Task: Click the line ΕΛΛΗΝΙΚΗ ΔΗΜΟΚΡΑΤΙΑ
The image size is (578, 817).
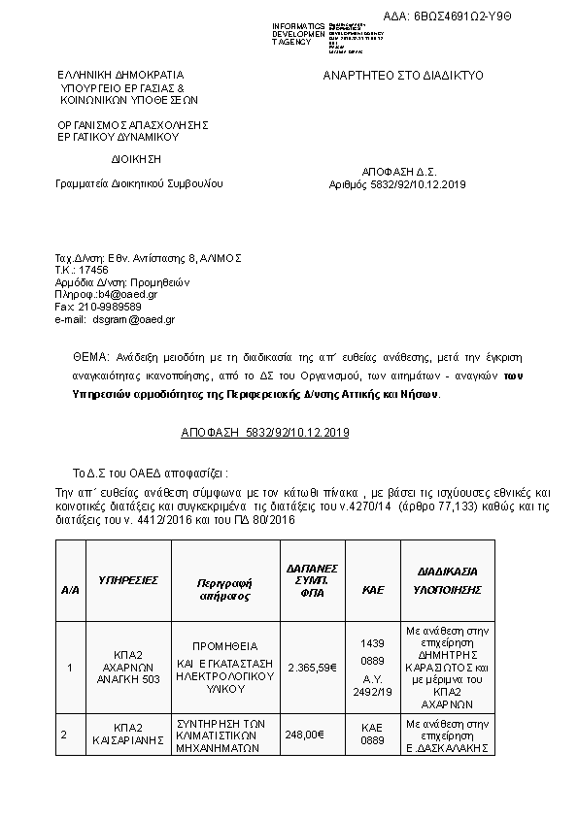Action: coord(119,75)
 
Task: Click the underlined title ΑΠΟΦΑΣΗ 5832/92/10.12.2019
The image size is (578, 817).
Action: coord(265,432)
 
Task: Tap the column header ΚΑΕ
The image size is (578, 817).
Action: coord(373,589)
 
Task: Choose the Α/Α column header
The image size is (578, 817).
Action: coord(70,589)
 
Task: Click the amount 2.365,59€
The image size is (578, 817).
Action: coord(313,667)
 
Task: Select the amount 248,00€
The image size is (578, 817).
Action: coord(304,735)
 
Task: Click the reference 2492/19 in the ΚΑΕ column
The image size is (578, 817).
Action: coord(373,693)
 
